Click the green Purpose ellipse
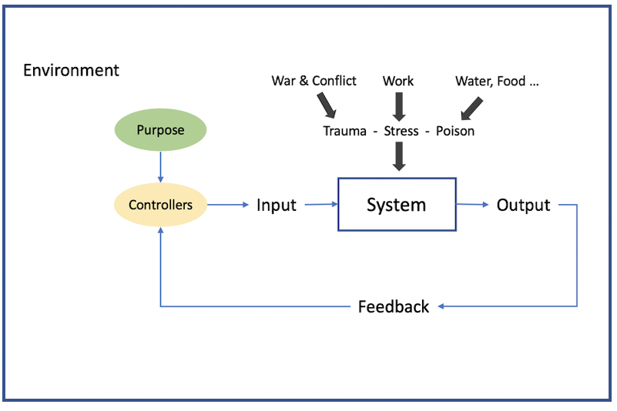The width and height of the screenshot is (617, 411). click(160, 130)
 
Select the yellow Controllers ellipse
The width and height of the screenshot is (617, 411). click(160, 205)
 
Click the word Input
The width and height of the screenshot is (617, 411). click(277, 205)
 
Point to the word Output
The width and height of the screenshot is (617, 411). click(523, 205)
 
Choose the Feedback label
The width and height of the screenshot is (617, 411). click(394, 307)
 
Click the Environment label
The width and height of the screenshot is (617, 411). click(71, 70)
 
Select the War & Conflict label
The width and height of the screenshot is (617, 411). click(314, 81)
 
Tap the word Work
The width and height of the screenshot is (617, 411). click(398, 81)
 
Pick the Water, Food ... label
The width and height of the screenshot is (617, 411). click(497, 82)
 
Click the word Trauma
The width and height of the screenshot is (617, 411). click(344, 131)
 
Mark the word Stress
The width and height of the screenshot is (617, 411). click(401, 131)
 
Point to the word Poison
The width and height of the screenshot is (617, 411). click(455, 131)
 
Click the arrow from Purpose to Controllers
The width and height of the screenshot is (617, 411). click(160, 167)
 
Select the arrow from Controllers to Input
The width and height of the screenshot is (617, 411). click(228, 205)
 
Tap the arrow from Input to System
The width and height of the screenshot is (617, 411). click(321, 204)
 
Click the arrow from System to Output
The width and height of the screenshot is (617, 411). click(472, 204)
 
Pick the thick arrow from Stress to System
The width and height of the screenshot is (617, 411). click(399, 156)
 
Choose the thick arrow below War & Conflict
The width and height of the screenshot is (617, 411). click(327, 105)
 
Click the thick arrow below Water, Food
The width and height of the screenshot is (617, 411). click(471, 109)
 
